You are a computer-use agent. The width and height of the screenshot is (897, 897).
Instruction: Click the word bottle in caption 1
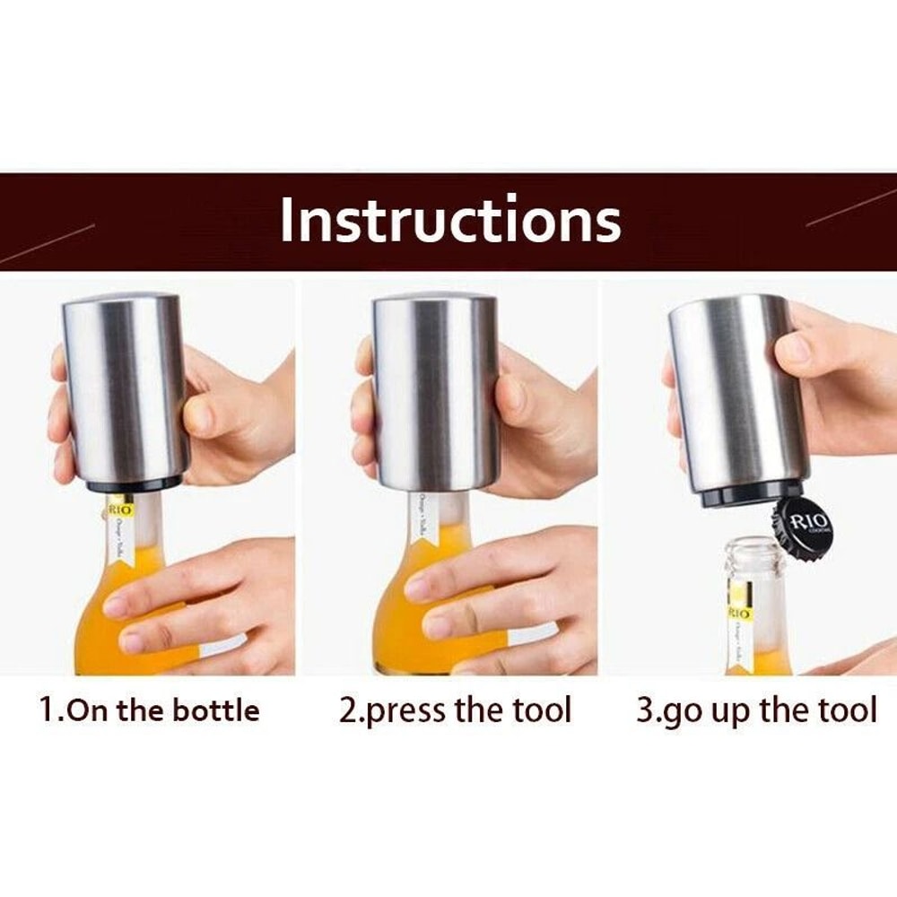pyautogui.click(x=215, y=710)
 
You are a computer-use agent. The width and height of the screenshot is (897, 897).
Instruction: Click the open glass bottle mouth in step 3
pyautogui.click(x=755, y=549)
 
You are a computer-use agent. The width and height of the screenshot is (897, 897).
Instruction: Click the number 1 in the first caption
pyautogui.click(x=47, y=710)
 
